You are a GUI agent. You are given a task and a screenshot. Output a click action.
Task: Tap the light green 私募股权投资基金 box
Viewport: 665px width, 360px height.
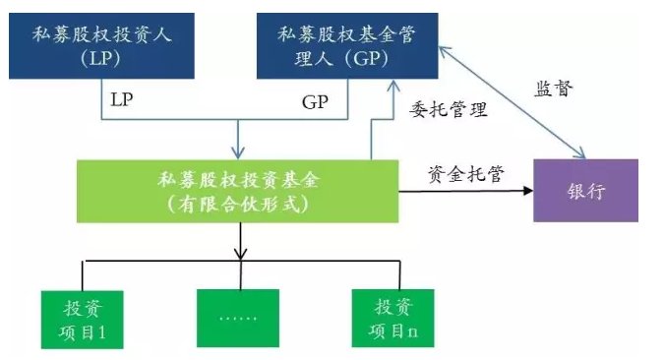coord(239,192)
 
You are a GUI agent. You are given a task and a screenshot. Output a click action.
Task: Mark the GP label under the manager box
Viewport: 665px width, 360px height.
coord(315,101)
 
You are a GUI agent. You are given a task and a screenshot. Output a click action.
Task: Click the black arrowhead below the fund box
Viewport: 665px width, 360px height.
coord(239,255)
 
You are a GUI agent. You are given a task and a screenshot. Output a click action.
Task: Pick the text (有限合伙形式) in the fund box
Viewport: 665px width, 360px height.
coord(239,204)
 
